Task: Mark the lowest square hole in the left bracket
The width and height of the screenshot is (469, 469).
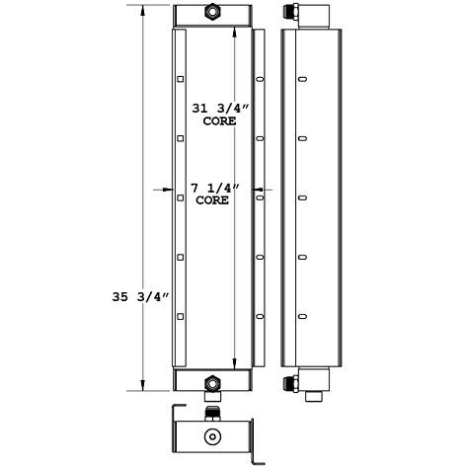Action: pos(181,315)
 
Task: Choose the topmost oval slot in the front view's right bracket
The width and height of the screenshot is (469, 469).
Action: pos(260,80)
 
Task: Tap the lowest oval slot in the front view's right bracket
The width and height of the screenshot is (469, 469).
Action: pos(260,315)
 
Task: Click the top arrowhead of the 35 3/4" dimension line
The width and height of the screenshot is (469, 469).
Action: pos(145,12)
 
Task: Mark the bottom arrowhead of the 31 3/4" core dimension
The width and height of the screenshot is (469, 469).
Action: pos(234,359)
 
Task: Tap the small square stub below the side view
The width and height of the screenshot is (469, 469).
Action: pos(316,397)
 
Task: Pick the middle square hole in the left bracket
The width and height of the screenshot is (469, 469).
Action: pos(181,197)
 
